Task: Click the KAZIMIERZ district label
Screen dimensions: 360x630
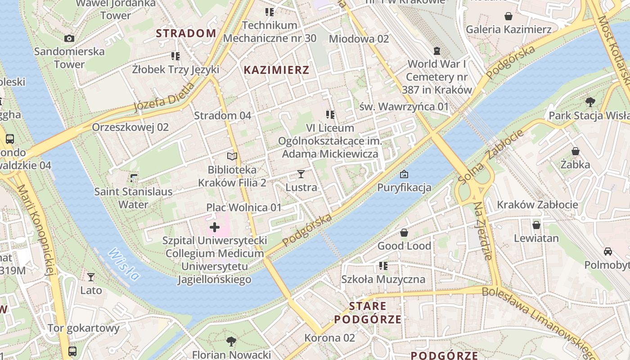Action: pyautogui.click(x=276, y=70)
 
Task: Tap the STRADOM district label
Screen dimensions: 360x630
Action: pyautogui.click(x=186, y=33)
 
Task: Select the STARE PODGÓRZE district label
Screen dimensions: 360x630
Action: pyautogui.click(x=368, y=313)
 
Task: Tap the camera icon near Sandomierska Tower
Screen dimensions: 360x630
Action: pyautogui.click(x=69, y=38)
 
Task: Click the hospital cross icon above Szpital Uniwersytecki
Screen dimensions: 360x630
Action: pyautogui.click(x=215, y=227)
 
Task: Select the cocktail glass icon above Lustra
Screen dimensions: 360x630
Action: pyautogui.click(x=301, y=174)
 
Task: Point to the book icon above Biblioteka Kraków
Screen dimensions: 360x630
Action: pyautogui.click(x=232, y=156)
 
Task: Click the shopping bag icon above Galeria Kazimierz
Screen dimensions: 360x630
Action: pyautogui.click(x=508, y=16)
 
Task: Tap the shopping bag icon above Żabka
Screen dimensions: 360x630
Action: pyautogui.click(x=575, y=151)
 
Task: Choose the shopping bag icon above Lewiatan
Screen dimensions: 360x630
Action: pyautogui.click(x=536, y=225)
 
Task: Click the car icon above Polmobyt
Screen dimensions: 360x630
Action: pyautogui.click(x=607, y=252)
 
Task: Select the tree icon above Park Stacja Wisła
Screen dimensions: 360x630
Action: pyautogui.click(x=590, y=102)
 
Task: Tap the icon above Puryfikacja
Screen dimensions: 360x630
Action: pyautogui.click(x=404, y=174)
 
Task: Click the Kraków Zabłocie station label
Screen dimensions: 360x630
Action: pyautogui.click(x=537, y=205)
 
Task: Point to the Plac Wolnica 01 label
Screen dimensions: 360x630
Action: pyautogui.click(x=243, y=207)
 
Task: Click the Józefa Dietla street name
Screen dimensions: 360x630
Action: pyautogui.click(x=164, y=97)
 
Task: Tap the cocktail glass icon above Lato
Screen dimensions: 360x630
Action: pyautogui.click(x=91, y=277)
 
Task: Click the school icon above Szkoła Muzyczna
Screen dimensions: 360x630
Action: pyautogui.click(x=383, y=265)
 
